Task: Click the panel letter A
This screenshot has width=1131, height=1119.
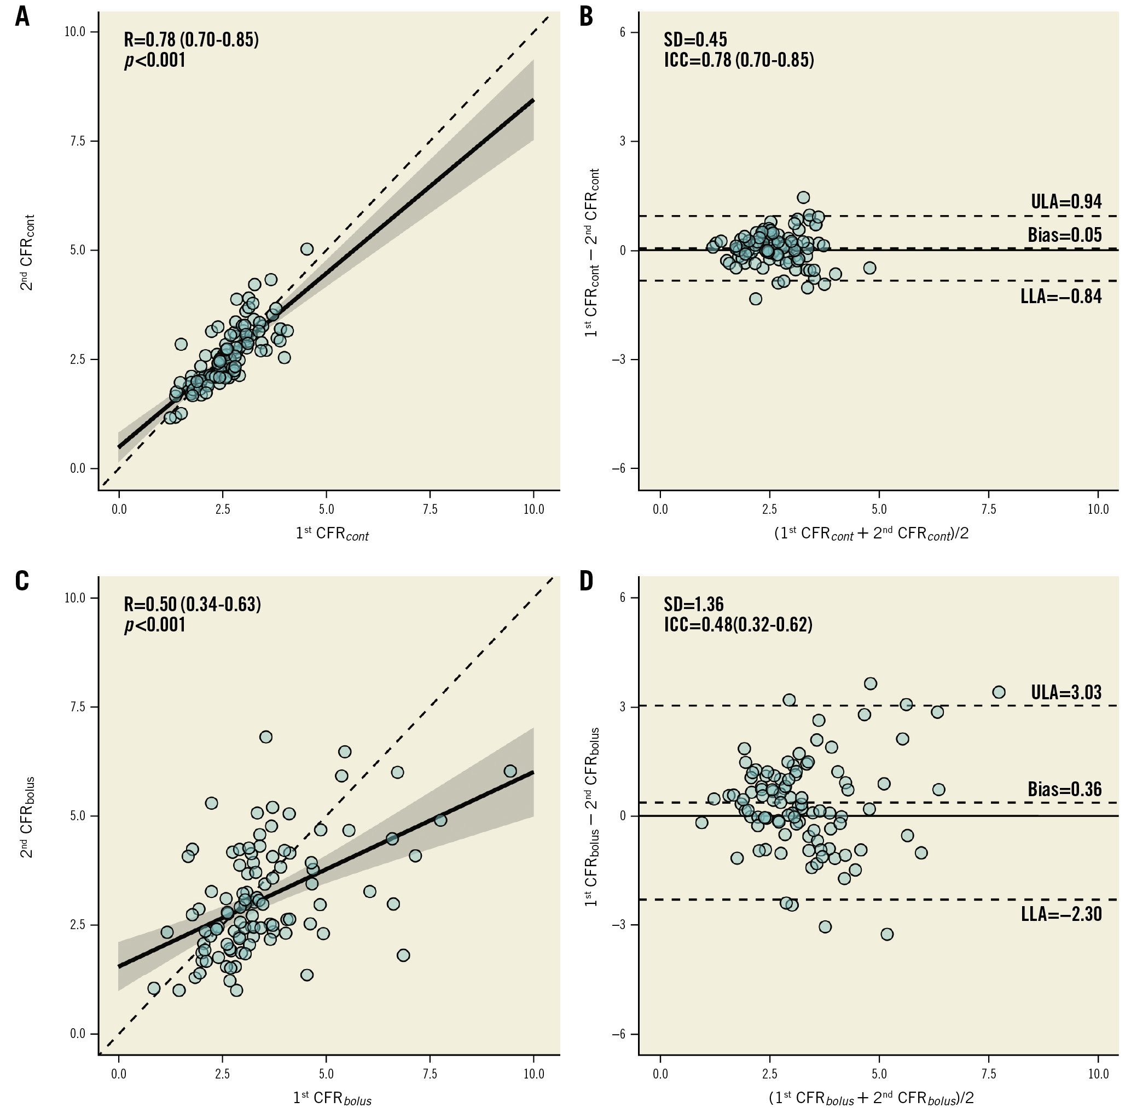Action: click(x=22, y=16)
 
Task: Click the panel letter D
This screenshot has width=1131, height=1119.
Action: click(x=586, y=581)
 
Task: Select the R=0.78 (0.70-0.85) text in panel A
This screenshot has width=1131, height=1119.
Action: click(x=191, y=40)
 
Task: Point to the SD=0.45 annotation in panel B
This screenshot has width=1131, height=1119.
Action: click(x=695, y=40)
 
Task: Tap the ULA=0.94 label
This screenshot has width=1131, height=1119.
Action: click(x=1066, y=202)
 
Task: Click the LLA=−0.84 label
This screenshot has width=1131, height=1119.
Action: click(x=1061, y=296)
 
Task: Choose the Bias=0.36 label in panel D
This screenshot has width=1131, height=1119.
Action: click(x=1064, y=790)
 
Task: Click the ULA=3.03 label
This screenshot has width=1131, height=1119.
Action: click(x=1066, y=692)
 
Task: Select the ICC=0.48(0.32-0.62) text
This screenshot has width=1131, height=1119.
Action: click(x=738, y=625)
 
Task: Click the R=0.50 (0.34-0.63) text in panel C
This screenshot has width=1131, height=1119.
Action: click(x=192, y=604)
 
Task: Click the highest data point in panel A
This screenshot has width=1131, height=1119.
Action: click(x=307, y=249)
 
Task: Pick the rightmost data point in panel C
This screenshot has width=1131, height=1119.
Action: click(x=510, y=770)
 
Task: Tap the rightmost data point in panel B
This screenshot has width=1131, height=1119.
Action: click(x=869, y=268)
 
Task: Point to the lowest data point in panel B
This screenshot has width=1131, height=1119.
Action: click(x=755, y=299)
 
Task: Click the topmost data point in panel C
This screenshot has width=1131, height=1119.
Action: click(x=266, y=737)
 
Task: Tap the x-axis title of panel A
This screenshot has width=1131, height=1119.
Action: click(x=332, y=534)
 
